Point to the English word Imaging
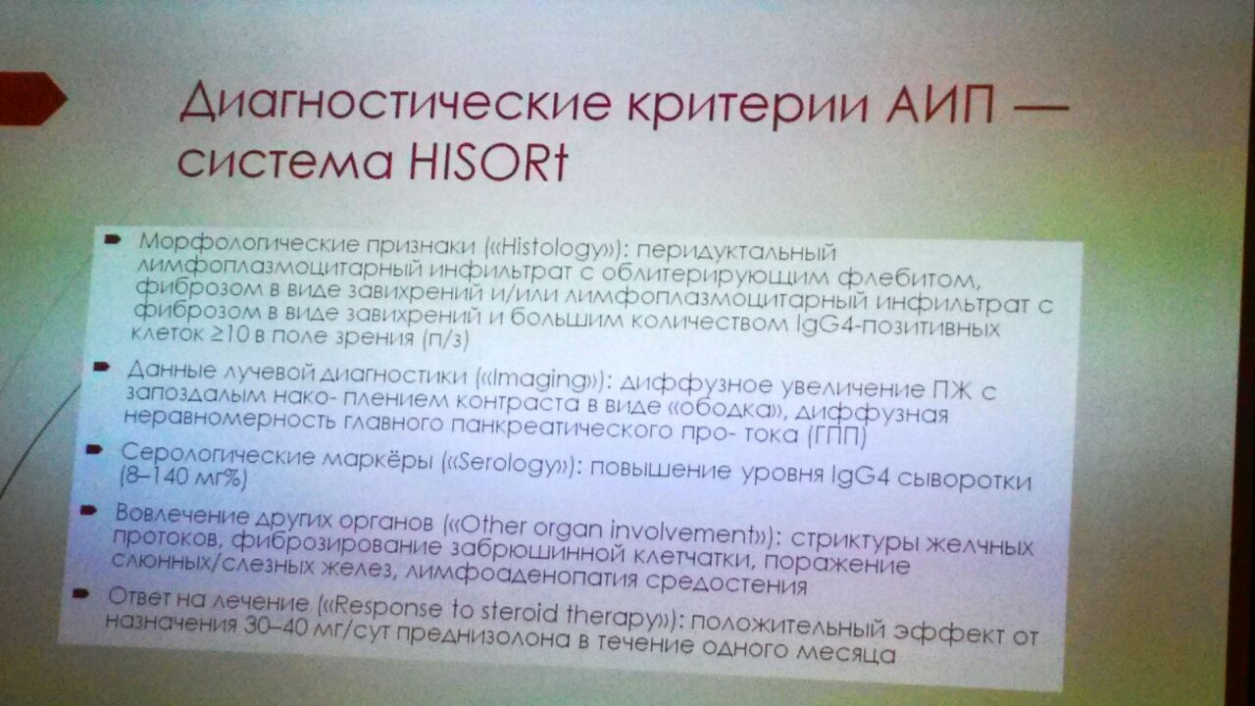click(x=542, y=379)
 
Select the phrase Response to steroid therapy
click(x=498, y=612)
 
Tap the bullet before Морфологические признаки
click(x=113, y=239)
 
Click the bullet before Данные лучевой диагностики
click(x=101, y=367)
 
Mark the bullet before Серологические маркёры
click(x=93, y=449)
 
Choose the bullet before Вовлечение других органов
click(x=88, y=511)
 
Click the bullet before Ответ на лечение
click(x=80, y=593)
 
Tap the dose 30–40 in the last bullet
click(x=276, y=626)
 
